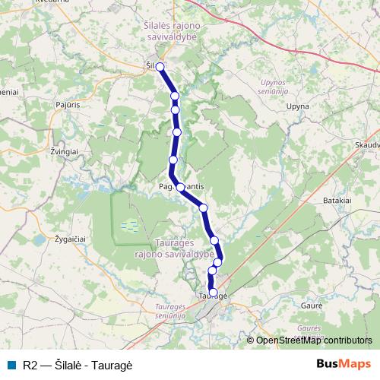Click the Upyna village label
tap(296, 109)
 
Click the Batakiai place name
tap(337, 199)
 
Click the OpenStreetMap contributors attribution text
tap(314, 340)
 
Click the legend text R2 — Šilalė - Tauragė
tap(78, 365)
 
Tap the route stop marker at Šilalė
tap(160, 67)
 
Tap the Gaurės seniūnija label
tap(309, 331)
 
